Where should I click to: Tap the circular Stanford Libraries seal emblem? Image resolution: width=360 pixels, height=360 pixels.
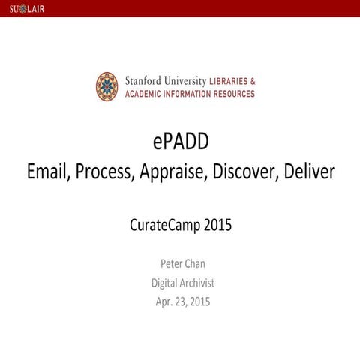[106, 86]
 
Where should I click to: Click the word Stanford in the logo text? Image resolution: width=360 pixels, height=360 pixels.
[142, 80]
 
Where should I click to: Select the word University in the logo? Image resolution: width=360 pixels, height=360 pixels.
[185, 80]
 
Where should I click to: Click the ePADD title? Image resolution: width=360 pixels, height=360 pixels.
[180, 142]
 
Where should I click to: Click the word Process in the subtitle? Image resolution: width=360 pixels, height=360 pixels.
[105, 172]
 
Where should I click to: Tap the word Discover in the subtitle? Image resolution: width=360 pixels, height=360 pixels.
[243, 172]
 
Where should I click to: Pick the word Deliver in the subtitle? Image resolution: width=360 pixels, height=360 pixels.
[307, 172]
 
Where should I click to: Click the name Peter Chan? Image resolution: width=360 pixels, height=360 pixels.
[180, 263]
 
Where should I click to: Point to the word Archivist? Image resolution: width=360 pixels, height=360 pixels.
[196, 283]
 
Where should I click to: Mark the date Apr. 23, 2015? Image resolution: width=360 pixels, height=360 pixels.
[180, 302]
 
